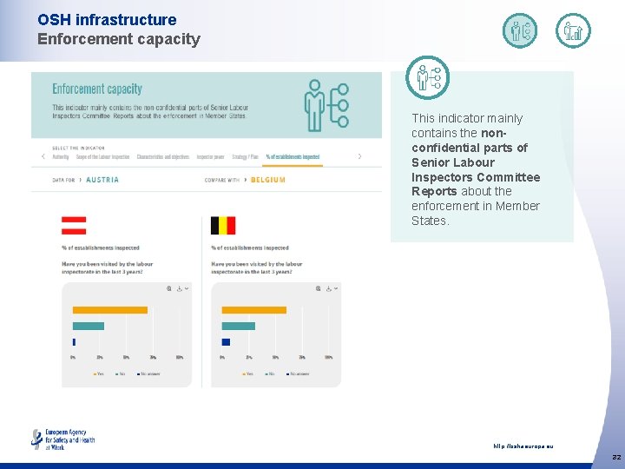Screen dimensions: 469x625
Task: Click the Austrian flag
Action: [x=74, y=226]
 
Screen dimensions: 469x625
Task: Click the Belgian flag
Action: [x=223, y=226]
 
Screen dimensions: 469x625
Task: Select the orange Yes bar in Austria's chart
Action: [x=109, y=310]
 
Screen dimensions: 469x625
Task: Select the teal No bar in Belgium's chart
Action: [x=239, y=326]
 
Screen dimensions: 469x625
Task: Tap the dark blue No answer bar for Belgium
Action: [x=226, y=341]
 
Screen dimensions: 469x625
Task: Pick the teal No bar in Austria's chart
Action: [x=89, y=326]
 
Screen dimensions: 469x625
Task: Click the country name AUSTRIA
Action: [x=102, y=180]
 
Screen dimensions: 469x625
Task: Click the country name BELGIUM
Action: [x=268, y=180]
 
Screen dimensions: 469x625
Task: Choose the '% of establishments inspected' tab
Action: [x=293, y=157]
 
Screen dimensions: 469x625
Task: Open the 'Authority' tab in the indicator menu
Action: [x=61, y=157]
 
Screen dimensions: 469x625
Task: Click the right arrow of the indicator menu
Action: [x=359, y=156]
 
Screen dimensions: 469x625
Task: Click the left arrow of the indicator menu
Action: [x=43, y=156]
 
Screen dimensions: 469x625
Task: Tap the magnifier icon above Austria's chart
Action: [x=168, y=288]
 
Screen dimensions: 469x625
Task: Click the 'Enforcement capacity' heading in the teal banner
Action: [x=97, y=89]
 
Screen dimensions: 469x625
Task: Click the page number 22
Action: [x=615, y=457]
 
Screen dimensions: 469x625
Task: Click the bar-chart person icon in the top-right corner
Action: [x=573, y=31]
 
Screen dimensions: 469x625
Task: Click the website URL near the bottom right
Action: [x=523, y=446]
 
